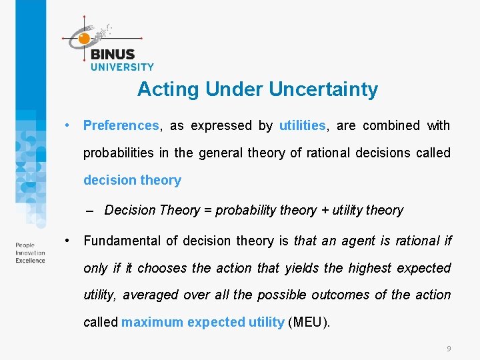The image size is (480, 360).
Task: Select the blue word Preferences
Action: [x=121, y=125]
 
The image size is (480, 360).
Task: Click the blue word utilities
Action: [x=302, y=125]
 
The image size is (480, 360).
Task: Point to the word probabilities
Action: [x=118, y=153]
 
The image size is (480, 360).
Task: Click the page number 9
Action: [x=449, y=349]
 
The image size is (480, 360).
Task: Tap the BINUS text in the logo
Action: [x=113, y=55]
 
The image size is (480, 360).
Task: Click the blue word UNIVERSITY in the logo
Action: [x=122, y=67]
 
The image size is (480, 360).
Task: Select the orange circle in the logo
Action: [x=84, y=39]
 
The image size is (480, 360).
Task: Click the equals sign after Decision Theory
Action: [x=207, y=211]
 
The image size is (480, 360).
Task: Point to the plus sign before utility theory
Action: [x=325, y=211]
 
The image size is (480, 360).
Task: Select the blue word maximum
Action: [x=152, y=322]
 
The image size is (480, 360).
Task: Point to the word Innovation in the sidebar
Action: [x=30, y=253]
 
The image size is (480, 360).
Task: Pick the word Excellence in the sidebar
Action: [x=31, y=260]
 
